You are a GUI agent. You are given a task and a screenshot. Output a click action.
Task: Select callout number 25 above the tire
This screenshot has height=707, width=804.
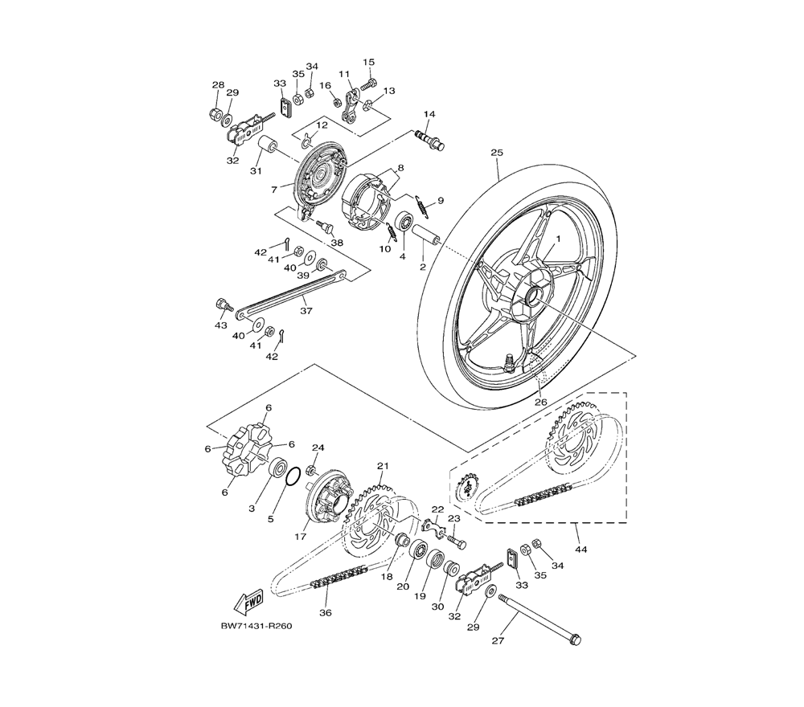pyautogui.click(x=496, y=152)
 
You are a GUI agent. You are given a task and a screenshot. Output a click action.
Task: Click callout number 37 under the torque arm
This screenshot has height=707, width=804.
pyautogui.click(x=306, y=309)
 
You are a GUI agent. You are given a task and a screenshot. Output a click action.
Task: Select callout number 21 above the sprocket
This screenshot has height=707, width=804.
pyautogui.click(x=383, y=466)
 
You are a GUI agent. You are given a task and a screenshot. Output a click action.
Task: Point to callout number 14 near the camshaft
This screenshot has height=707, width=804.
pyautogui.click(x=429, y=115)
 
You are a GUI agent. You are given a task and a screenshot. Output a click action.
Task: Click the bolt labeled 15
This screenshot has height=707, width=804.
pyautogui.click(x=369, y=81)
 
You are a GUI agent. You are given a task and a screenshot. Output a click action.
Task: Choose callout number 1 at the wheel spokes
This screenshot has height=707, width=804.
pyautogui.click(x=554, y=239)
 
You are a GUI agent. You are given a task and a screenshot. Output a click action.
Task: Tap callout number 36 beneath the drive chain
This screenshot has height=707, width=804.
pyautogui.click(x=326, y=613)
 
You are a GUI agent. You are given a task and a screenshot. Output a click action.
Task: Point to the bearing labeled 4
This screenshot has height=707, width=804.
pyautogui.click(x=404, y=220)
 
